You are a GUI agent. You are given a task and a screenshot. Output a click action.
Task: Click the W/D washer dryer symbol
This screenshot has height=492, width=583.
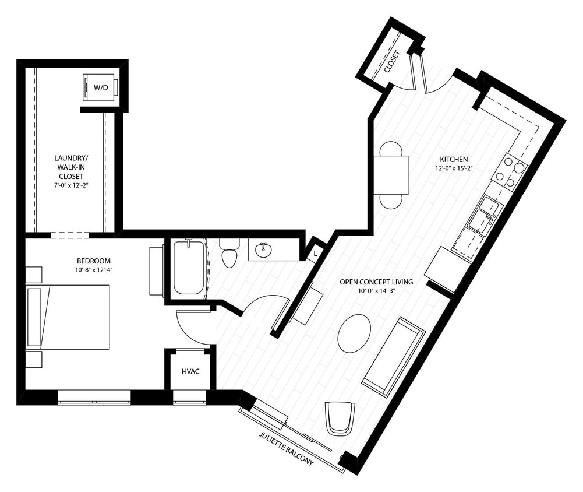[x=101, y=87]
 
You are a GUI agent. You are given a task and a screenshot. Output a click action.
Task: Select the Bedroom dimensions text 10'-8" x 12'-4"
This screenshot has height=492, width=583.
[x=93, y=269]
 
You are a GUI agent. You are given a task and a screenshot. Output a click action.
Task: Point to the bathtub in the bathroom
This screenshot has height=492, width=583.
[x=189, y=268]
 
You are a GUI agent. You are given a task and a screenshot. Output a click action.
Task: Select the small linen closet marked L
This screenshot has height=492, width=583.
[x=315, y=253]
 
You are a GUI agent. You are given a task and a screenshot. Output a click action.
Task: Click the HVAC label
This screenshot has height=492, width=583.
[x=190, y=371]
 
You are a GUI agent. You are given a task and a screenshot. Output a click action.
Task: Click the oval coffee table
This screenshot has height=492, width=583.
[x=354, y=333]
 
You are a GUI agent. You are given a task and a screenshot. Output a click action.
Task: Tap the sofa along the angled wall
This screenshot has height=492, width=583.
[x=393, y=357]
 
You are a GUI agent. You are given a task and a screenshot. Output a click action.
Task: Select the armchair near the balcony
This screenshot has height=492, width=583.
[x=340, y=417]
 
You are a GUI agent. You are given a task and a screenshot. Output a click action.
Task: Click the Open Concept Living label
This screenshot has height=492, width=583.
[x=376, y=282]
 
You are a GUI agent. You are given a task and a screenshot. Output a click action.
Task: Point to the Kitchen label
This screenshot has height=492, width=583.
[x=454, y=159]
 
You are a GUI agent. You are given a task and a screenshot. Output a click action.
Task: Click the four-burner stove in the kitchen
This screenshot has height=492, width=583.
[x=510, y=173]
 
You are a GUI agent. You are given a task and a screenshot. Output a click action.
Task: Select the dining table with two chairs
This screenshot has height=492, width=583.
[x=390, y=175]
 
